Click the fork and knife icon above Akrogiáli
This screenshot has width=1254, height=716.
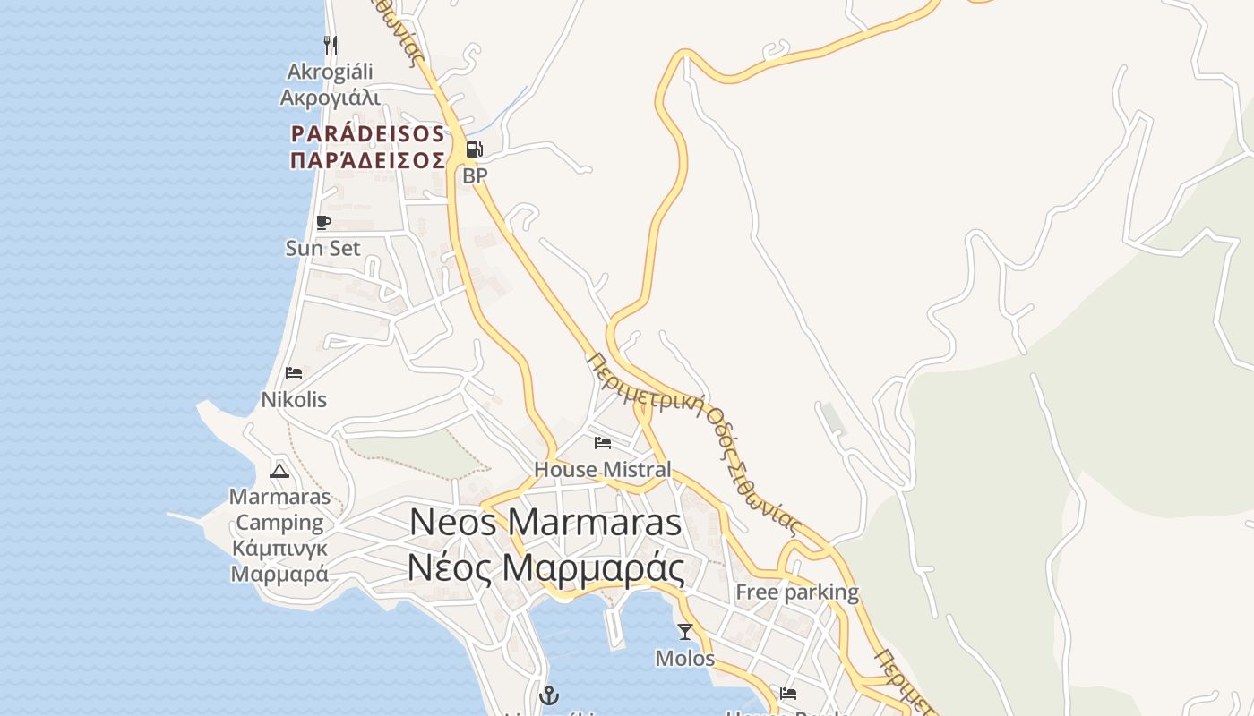pyautogui.click(x=331, y=45)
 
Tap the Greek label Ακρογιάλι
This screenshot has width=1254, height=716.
pyautogui.click(x=331, y=98)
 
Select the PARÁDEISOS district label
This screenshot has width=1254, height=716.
pyautogui.click(x=367, y=134)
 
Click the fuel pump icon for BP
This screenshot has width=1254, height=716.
pyautogui.click(x=475, y=149)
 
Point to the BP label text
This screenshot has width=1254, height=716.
pyautogui.click(x=475, y=175)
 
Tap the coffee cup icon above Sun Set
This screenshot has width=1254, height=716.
pyautogui.click(x=323, y=222)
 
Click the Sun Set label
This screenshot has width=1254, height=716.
pyautogui.click(x=322, y=248)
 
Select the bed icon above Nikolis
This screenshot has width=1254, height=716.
pyautogui.click(x=294, y=373)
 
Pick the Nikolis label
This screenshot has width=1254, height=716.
pyautogui.click(x=294, y=399)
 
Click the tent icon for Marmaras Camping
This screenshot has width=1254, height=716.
pyautogui.click(x=279, y=471)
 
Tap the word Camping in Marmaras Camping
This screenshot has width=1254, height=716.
pyautogui.click(x=280, y=523)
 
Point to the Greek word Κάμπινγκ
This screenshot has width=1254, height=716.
pyautogui.click(x=280, y=548)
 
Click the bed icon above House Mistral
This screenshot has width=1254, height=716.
pyautogui.click(x=603, y=442)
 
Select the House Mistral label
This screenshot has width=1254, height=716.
pyautogui.click(x=602, y=469)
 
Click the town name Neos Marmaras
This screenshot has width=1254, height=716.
pyautogui.click(x=545, y=523)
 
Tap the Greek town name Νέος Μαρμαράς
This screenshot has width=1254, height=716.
pyautogui.click(x=545, y=567)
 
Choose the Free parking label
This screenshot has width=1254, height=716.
pyautogui.click(x=797, y=592)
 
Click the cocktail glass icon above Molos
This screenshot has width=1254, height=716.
pyautogui.click(x=685, y=632)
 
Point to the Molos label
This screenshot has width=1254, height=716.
pyautogui.click(x=685, y=659)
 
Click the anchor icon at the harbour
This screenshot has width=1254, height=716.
pyautogui.click(x=548, y=695)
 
